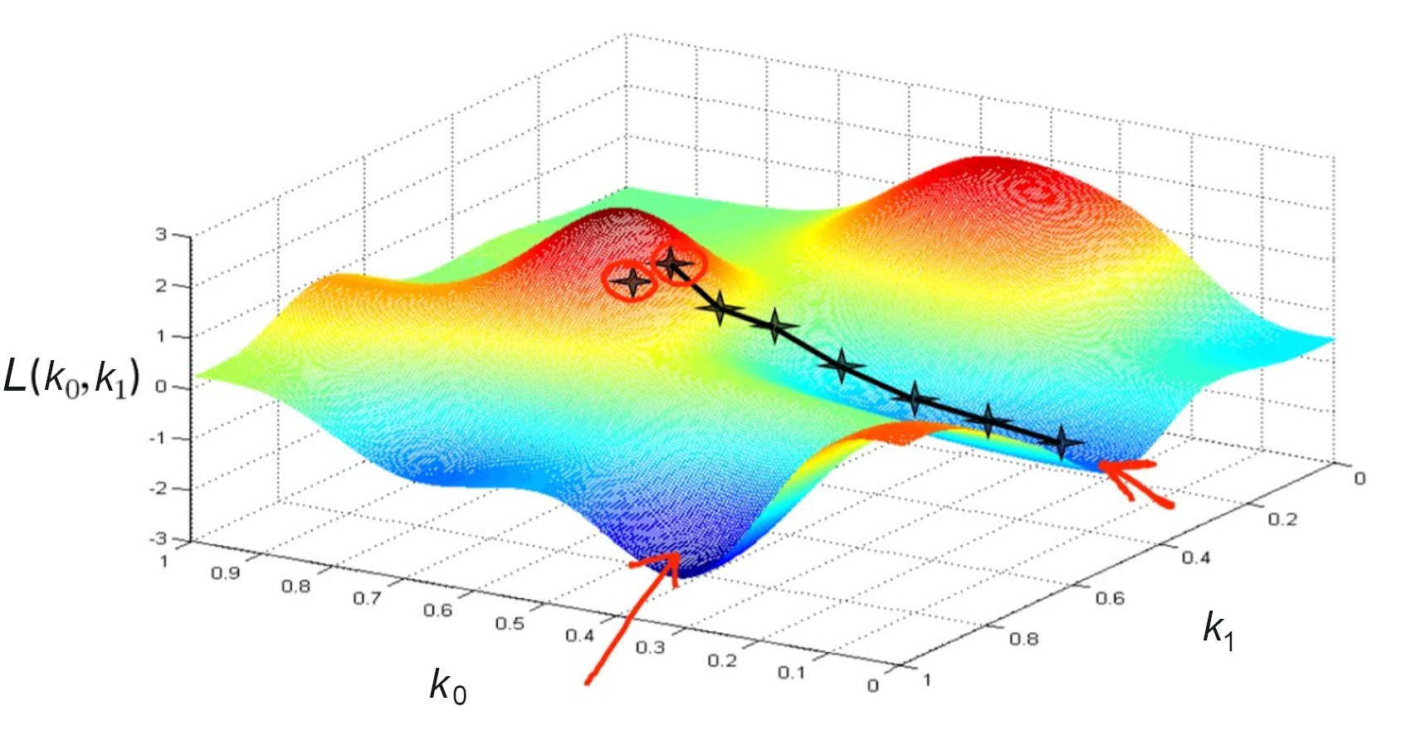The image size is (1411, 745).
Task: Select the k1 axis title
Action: (1218, 630)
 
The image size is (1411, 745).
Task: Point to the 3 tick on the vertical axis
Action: (161, 235)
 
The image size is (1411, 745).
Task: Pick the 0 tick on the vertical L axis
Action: (161, 387)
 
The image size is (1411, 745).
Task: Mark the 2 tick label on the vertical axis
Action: (161, 286)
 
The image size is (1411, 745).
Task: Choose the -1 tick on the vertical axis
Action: (157, 438)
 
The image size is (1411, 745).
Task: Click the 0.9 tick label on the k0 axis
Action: (225, 572)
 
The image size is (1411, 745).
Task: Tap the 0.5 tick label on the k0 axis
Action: (510, 623)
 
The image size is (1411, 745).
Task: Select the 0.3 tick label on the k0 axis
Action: (651, 647)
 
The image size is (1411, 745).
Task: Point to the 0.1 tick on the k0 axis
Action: (792, 672)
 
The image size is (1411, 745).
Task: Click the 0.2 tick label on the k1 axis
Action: (1282, 519)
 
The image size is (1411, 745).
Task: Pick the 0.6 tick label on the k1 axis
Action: (1110, 597)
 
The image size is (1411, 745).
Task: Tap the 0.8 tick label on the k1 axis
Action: (1023, 638)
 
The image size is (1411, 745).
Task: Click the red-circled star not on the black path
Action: (632, 282)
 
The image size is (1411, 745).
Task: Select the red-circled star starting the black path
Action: (673, 265)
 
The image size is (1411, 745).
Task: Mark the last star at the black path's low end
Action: (1061, 443)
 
